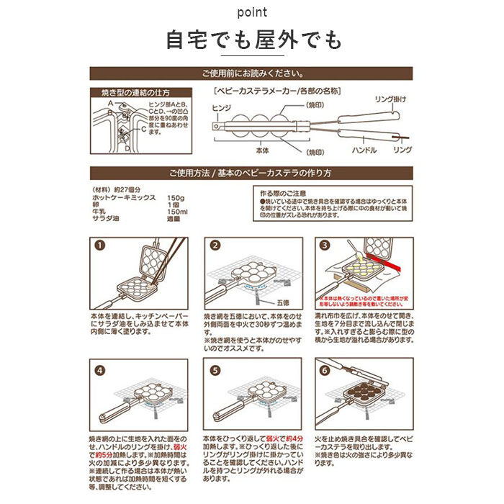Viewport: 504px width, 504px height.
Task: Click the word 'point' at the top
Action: (x=251, y=13)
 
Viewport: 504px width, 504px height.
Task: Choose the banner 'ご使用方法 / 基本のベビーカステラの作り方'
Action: (x=251, y=174)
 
